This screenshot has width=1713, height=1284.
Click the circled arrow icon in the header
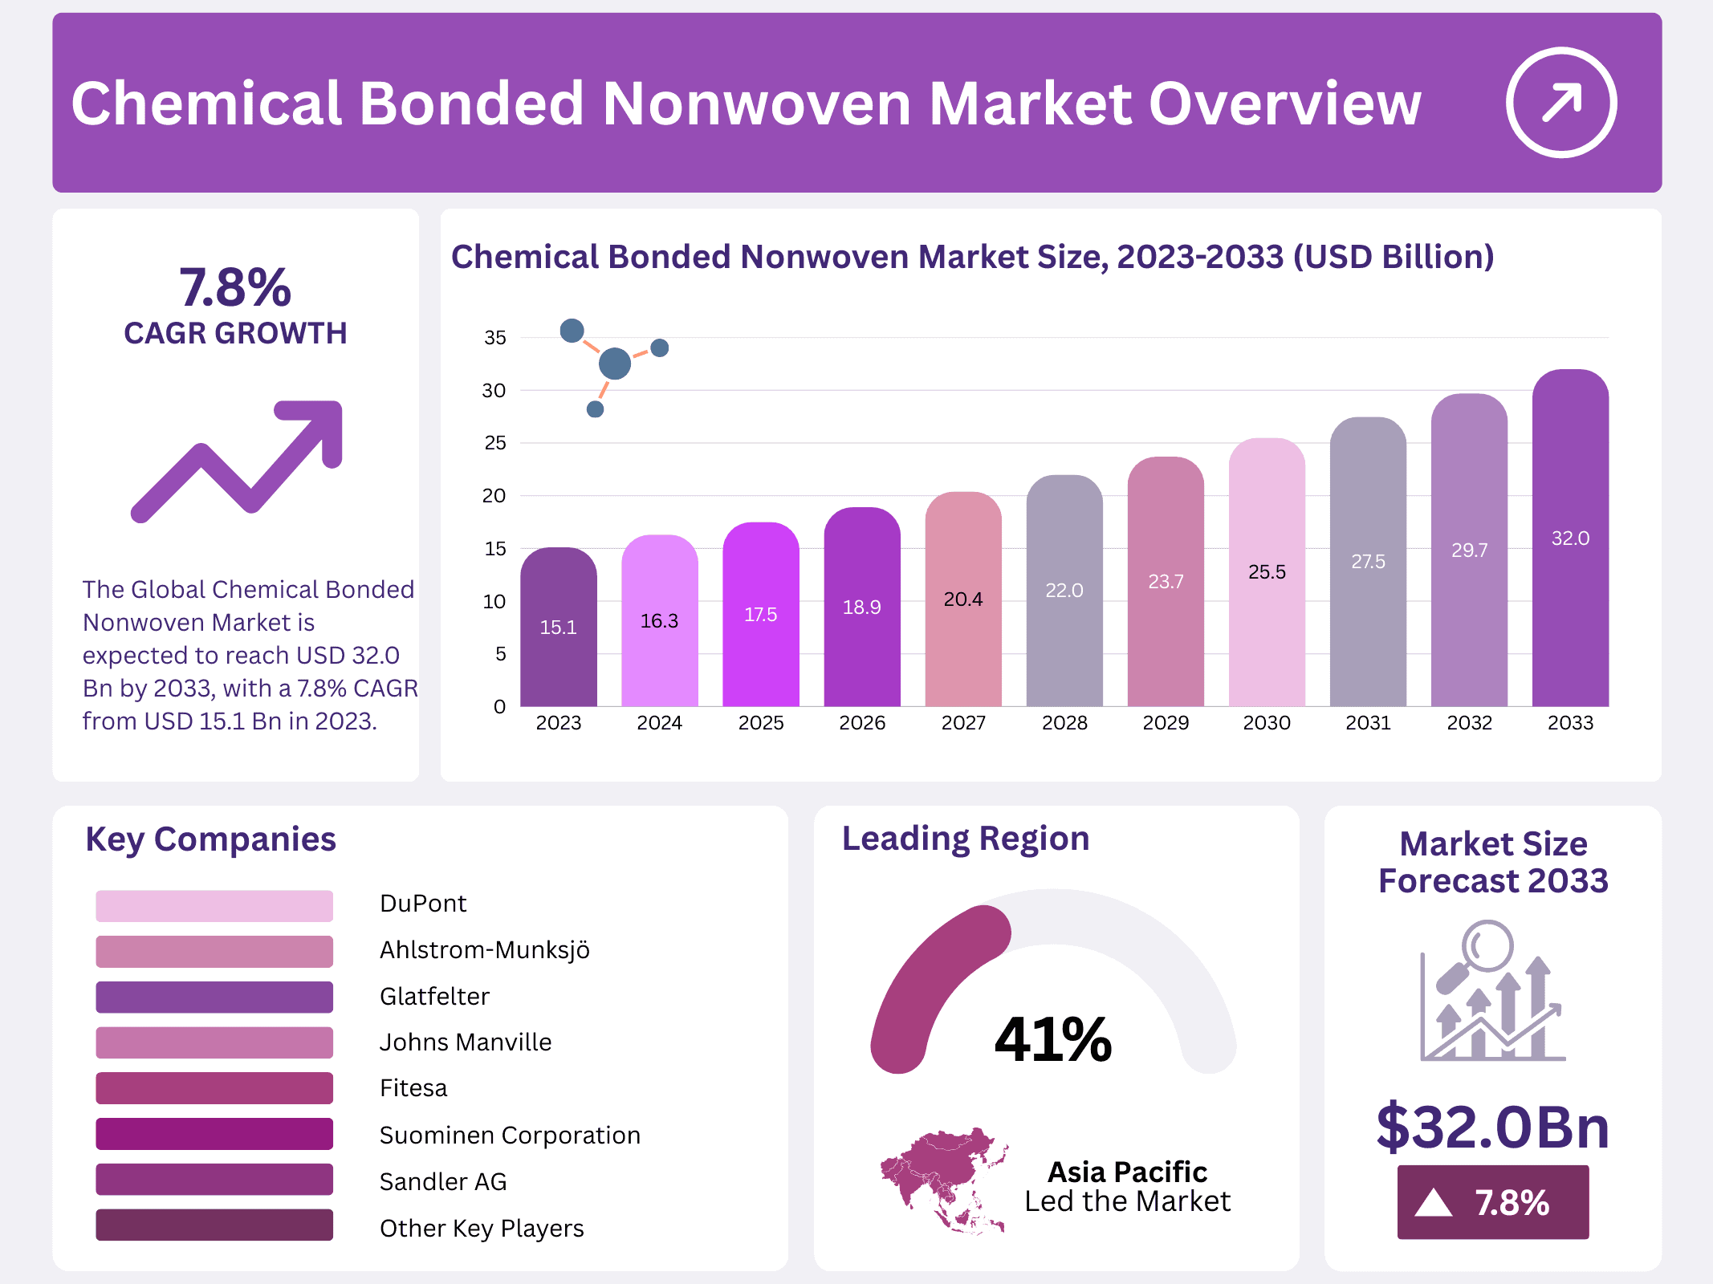pos(1560,103)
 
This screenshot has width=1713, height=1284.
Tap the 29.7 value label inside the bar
pos(1469,551)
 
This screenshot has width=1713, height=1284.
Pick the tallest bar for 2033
pos(1570,538)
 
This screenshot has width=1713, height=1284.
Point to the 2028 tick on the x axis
pos(1064,723)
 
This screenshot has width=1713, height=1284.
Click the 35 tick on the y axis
pos(495,338)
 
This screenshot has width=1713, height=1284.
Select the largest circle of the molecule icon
pos(615,364)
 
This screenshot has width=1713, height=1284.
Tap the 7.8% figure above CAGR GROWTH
pos(234,287)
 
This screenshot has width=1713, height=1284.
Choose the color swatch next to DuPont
pos(214,905)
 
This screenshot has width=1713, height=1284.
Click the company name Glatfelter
pos(434,997)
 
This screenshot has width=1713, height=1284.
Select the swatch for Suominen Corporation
pos(214,1134)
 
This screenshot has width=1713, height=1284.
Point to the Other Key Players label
pos(482,1228)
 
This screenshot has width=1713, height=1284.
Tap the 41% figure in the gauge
pos(1052,1040)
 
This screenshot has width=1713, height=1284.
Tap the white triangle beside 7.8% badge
pos(1434,1203)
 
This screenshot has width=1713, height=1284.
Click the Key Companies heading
pos(210,839)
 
